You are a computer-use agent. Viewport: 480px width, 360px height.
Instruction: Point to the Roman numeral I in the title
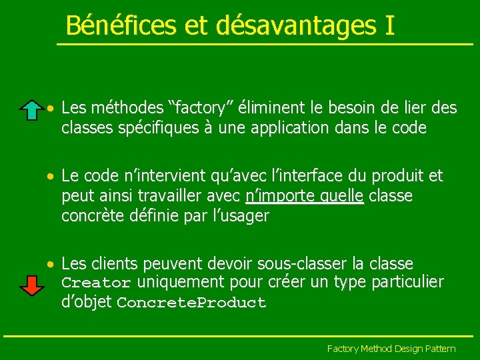(x=389, y=25)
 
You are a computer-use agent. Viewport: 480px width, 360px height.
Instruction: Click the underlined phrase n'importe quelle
(x=305, y=196)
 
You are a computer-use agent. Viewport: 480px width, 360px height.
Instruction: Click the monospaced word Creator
(x=95, y=283)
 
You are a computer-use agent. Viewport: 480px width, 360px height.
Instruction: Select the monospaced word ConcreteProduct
(x=191, y=303)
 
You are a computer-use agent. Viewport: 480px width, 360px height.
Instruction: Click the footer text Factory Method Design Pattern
(x=391, y=349)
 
